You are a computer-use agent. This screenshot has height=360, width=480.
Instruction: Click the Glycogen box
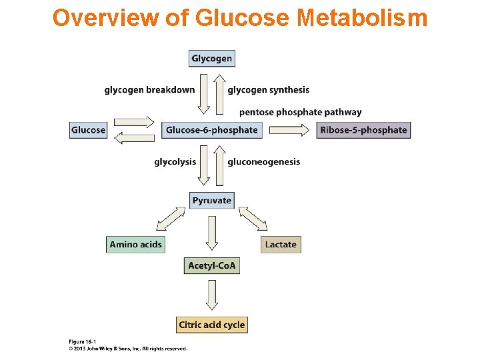pyautogui.click(x=211, y=59)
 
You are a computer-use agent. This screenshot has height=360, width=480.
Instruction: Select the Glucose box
pyautogui.click(x=88, y=130)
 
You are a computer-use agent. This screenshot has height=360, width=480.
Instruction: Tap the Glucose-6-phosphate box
pyautogui.click(x=211, y=130)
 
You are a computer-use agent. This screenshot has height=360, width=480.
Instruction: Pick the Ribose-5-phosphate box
pyautogui.click(x=363, y=130)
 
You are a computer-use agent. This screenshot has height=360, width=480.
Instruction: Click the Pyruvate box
pyautogui.click(x=211, y=200)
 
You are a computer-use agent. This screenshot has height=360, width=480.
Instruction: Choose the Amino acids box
pyautogui.click(x=135, y=245)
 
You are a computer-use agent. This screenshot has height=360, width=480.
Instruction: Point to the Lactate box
pyautogui.click(x=281, y=245)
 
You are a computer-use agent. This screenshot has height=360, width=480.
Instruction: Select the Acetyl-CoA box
pyautogui.click(x=211, y=266)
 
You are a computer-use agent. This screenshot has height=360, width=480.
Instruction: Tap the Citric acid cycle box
pyautogui.click(x=211, y=325)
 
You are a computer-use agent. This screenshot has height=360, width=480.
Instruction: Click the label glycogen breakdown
pyautogui.click(x=149, y=90)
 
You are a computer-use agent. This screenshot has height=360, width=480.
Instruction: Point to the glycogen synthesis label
pyautogui.click(x=268, y=90)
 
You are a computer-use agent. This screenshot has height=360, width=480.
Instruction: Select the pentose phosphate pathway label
pyautogui.click(x=300, y=112)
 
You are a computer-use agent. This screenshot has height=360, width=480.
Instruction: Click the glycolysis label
pyautogui.click(x=175, y=161)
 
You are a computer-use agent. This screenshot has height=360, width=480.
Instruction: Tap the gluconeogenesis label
pyautogui.click(x=263, y=161)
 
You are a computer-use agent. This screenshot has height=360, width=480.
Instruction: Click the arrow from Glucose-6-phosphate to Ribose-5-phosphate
pyautogui.click(x=290, y=131)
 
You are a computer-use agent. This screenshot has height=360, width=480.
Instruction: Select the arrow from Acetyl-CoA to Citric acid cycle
pyautogui.click(x=211, y=295)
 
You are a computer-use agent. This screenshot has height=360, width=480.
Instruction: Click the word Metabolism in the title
pyautogui.click(x=363, y=18)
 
